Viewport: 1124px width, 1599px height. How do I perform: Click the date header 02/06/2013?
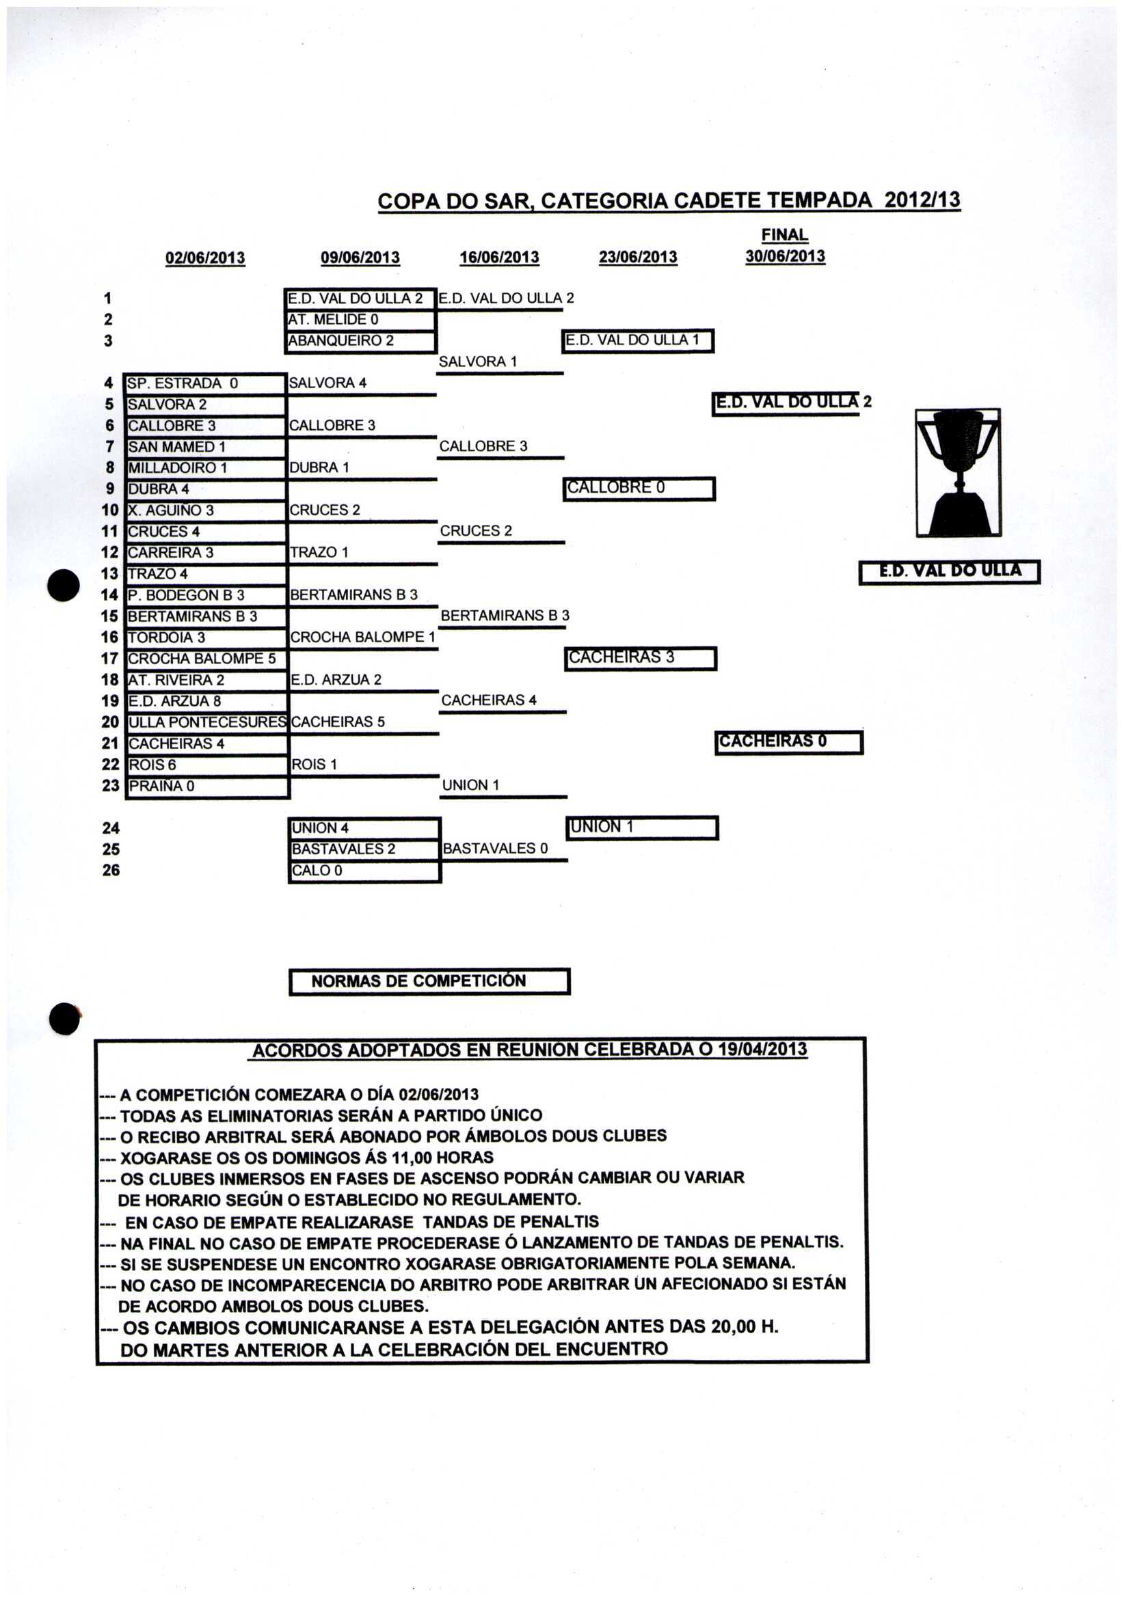pyautogui.click(x=205, y=258)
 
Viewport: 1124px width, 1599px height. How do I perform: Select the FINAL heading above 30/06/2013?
pyautogui.click(x=785, y=234)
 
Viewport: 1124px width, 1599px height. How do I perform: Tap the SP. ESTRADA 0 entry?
pyautogui.click(x=183, y=383)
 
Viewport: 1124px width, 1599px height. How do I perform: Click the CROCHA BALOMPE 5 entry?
pyautogui.click(x=202, y=659)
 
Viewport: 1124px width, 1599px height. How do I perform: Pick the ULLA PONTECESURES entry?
pyautogui.click(x=207, y=722)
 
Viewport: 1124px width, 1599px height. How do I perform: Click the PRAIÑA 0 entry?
pyautogui.click(x=161, y=787)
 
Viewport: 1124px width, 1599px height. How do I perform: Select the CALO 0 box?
pyautogui.click(x=317, y=871)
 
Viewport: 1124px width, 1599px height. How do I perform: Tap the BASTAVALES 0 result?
pyautogui.click(x=495, y=848)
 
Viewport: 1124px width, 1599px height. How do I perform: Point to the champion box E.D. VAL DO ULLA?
pyautogui.click(x=949, y=571)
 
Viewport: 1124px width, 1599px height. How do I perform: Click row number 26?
pyautogui.click(x=111, y=871)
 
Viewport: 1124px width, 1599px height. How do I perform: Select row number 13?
pyautogui.click(x=110, y=574)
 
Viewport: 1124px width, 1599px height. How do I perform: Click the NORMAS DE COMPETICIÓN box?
pyautogui.click(x=429, y=981)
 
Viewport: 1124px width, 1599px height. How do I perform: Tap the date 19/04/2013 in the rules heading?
pyautogui.click(x=762, y=1050)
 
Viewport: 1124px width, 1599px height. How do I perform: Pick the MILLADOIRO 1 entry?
pyautogui.click(x=178, y=468)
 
